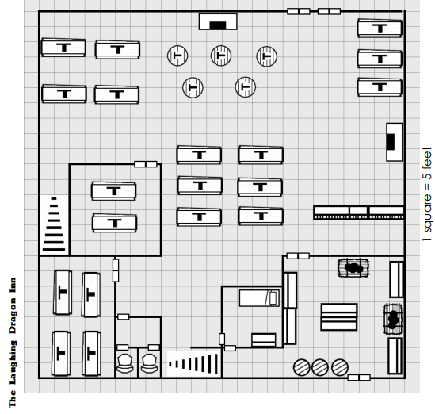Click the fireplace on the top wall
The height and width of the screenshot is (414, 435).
pos(218,21)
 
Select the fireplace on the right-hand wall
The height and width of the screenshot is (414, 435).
pos(395,142)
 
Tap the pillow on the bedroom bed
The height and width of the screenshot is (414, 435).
pos(273,298)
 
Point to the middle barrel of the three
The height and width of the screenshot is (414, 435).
pos(320,367)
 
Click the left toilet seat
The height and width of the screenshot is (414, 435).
pos(124,363)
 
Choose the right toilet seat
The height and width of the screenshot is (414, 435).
pos(150,363)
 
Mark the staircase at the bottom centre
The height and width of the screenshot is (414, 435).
pos(194,364)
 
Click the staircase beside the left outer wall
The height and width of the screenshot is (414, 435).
pos(54,224)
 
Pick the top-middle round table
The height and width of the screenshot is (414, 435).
pos(221,56)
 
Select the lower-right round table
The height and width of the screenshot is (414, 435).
pos(246,87)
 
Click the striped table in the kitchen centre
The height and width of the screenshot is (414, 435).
pos(339,316)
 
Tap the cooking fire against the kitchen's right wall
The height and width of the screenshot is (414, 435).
pos(392,319)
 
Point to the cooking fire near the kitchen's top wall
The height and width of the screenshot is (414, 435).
pos(353,268)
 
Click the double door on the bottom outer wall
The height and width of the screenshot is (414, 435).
pos(359,378)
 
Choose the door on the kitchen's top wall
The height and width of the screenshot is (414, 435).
pos(298,255)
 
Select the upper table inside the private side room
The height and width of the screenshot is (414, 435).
pos(113,191)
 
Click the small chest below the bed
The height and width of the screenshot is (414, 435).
pos(264,340)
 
